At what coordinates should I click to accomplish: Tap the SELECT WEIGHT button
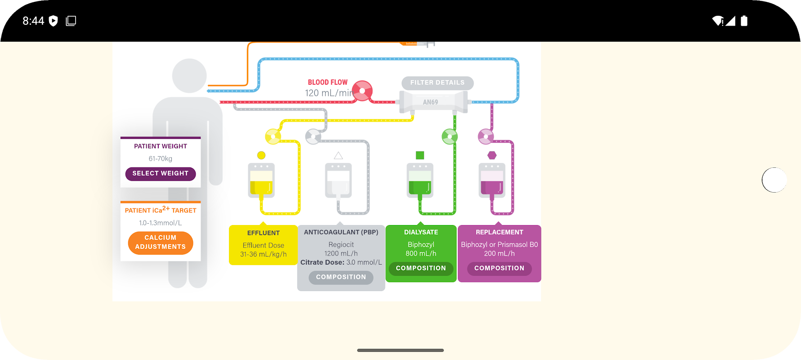[160, 174]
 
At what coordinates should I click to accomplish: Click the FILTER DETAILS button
[437, 83]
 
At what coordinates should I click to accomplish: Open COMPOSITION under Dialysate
[421, 268]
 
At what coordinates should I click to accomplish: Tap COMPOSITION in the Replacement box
[499, 268]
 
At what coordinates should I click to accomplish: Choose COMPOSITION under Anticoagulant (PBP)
[341, 277]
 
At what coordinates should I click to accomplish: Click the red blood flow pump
[362, 91]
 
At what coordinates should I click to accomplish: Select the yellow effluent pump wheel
[273, 136]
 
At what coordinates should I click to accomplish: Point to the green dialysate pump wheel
[449, 136]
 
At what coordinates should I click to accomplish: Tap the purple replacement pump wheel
[486, 136]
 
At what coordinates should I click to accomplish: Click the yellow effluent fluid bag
[261, 180]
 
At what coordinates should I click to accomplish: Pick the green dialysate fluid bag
[420, 180]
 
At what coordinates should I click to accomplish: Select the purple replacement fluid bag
[492, 180]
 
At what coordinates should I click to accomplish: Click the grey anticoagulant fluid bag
[338, 180]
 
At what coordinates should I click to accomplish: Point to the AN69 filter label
[430, 102]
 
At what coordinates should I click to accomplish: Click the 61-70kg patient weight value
[160, 159]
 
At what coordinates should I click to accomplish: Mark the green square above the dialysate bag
[420, 155]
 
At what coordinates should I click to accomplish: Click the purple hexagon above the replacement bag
[492, 155]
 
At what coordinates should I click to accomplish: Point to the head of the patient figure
[189, 76]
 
